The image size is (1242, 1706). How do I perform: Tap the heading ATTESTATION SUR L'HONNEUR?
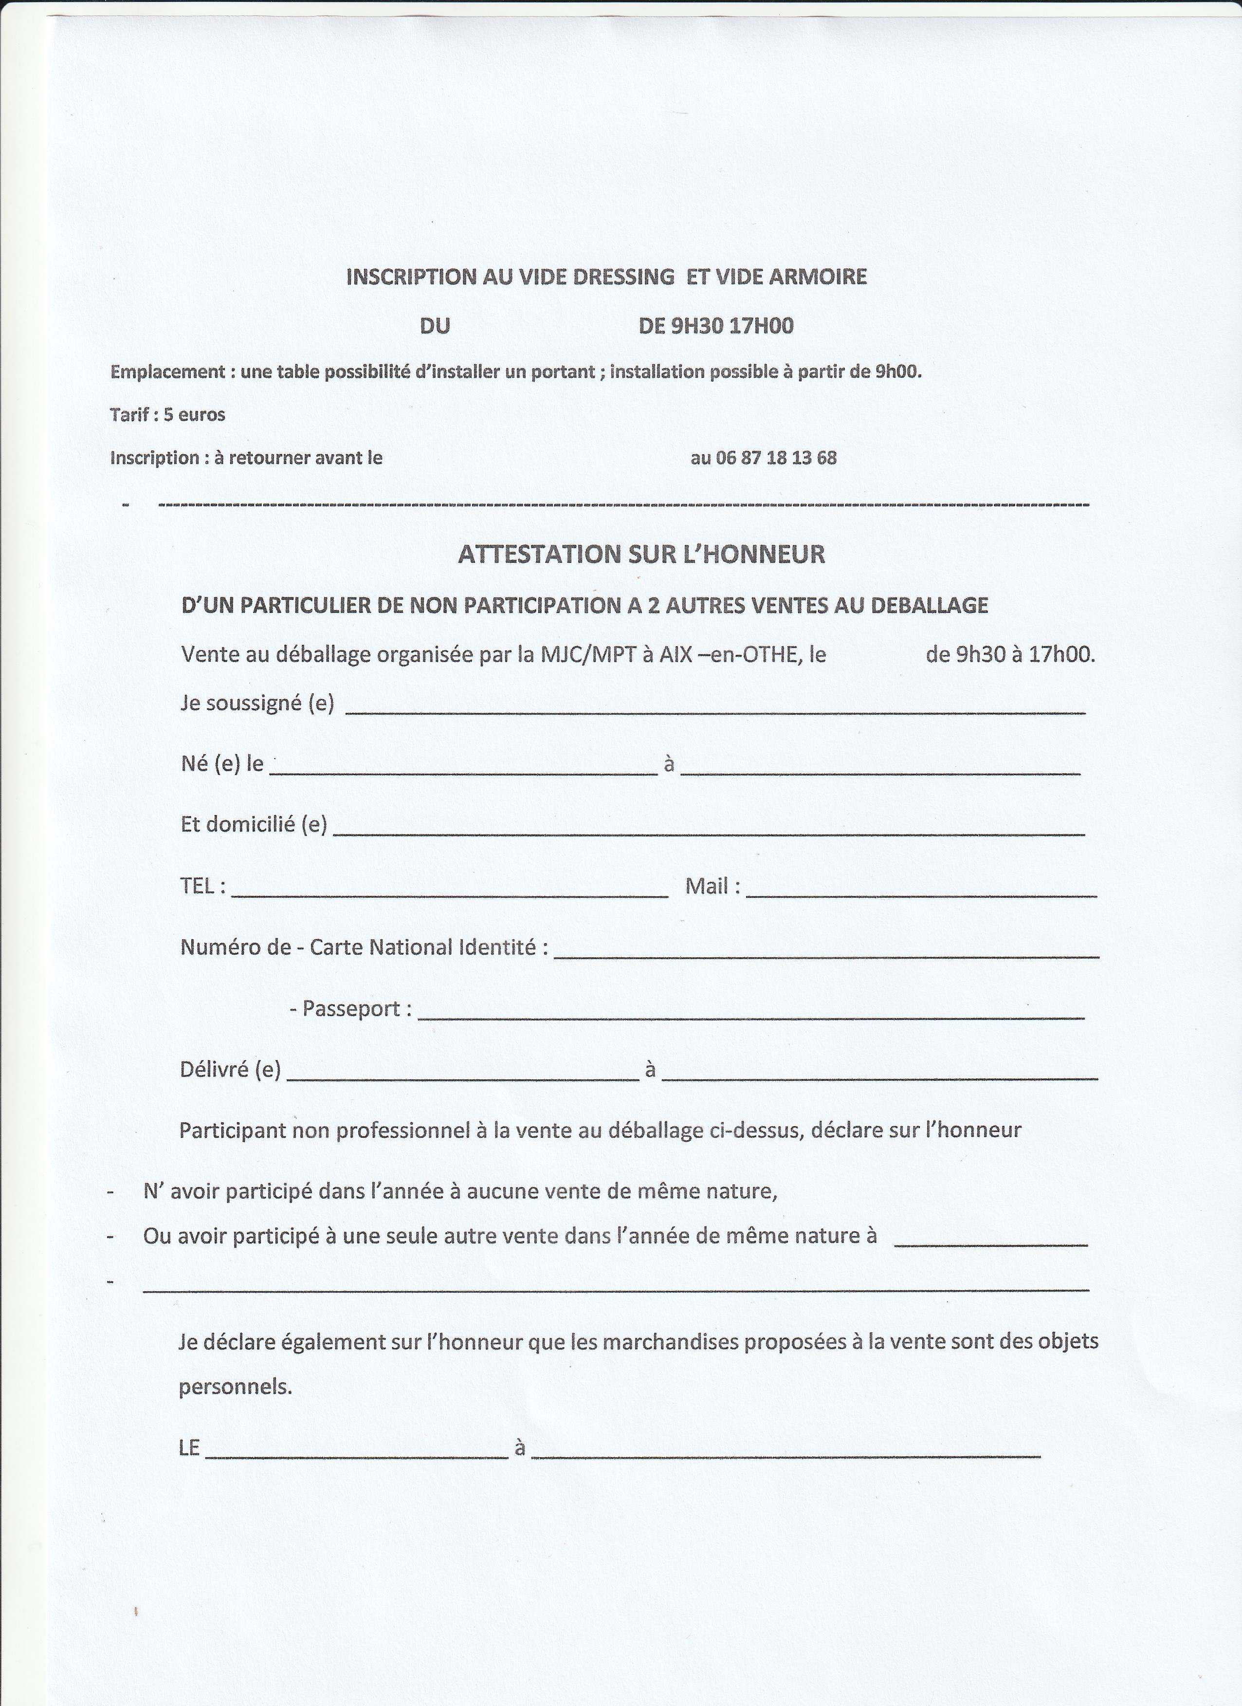pos(641,555)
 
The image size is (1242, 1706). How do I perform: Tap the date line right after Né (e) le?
pos(463,770)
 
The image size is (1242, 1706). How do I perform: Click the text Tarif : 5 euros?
pos(167,414)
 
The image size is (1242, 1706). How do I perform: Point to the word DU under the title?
pos(435,326)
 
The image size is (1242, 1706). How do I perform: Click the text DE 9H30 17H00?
pos(716,326)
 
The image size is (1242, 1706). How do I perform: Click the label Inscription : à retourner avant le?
pos(246,458)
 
